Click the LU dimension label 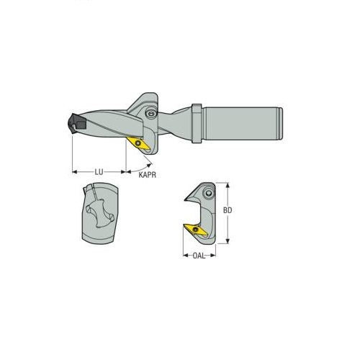(99, 172)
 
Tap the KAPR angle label (147, 175)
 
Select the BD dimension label (228, 210)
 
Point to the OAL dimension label (199, 256)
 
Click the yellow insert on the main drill (138, 143)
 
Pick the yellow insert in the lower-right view (196, 230)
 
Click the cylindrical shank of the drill (243, 123)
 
